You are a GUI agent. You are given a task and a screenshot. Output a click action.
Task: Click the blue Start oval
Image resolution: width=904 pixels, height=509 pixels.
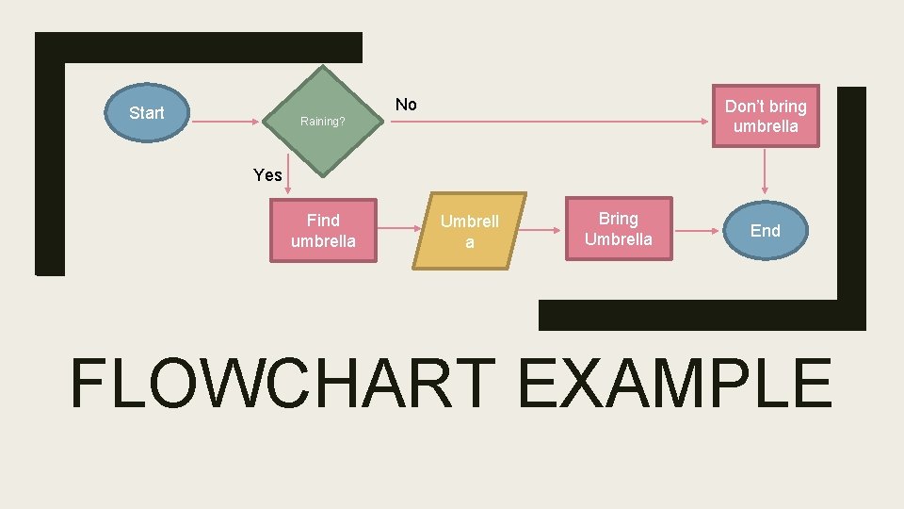pos(146,113)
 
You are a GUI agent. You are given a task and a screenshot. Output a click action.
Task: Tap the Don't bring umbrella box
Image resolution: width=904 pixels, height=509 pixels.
pos(765,116)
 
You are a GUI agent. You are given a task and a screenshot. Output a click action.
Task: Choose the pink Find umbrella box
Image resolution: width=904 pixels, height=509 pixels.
pos(323,230)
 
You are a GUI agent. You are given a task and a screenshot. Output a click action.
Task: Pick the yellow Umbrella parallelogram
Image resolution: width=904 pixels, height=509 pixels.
pos(469,232)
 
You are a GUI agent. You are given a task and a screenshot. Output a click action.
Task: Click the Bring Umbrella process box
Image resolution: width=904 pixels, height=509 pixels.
pos(618,229)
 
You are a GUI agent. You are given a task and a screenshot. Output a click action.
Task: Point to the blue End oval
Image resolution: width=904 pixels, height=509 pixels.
pos(765,230)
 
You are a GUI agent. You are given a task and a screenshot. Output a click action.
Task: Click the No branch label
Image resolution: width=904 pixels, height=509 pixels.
pos(406,105)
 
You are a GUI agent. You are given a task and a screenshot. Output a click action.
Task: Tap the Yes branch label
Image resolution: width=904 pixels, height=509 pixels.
pos(267,174)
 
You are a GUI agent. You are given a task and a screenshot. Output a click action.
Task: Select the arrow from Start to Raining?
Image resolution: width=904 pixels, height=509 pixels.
pos(226,123)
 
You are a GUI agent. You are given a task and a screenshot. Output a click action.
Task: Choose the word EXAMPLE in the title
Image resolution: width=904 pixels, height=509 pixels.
pos(674,384)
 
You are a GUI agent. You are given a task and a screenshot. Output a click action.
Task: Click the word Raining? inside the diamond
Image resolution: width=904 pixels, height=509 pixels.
pos(322,122)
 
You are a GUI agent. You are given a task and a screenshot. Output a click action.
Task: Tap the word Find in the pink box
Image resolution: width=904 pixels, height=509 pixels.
pos(323,220)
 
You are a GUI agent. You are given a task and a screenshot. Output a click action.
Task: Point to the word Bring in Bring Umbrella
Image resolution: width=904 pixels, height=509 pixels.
pos(618,219)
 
